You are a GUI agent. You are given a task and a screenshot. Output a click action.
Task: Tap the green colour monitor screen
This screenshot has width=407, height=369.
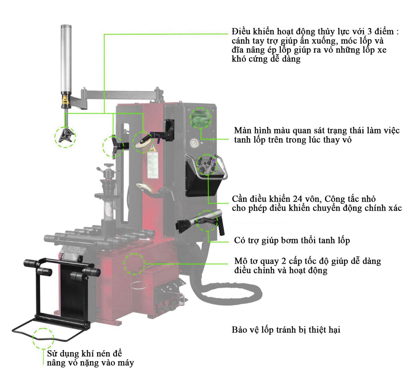[x=200, y=118]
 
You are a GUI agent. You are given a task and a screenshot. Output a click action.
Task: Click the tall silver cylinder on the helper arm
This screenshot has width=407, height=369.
[x=66, y=58]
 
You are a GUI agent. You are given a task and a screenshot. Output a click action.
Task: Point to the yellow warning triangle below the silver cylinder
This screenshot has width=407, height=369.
[x=65, y=99]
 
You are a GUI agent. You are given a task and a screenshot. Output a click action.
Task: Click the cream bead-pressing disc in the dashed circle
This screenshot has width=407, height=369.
[x=143, y=144]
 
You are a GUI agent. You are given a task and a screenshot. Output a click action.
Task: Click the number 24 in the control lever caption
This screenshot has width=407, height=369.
[x=298, y=199]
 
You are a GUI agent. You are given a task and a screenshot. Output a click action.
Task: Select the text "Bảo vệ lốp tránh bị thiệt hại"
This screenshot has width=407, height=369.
[x=286, y=330]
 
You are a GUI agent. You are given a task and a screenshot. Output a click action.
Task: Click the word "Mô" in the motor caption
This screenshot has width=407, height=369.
[x=240, y=261]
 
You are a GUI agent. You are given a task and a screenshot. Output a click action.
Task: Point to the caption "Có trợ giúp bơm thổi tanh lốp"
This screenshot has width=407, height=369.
[x=292, y=240]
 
